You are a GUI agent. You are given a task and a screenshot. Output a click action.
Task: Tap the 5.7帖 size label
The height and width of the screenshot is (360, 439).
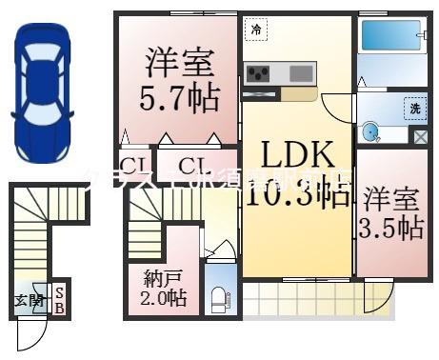[178, 97]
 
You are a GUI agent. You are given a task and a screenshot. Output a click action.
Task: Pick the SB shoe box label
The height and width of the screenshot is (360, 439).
[59, 301]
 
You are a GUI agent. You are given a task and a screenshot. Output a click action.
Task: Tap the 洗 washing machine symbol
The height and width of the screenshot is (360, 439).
[414, 107]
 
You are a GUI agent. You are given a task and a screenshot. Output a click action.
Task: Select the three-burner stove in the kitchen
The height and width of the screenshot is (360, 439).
[258, 73]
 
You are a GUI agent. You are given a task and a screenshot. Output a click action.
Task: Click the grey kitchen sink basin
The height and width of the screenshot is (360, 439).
[301, 73]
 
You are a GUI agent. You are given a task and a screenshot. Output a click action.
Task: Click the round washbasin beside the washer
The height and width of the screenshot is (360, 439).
[372, 131]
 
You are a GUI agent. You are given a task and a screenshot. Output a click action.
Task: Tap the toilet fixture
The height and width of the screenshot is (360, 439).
[217, 298]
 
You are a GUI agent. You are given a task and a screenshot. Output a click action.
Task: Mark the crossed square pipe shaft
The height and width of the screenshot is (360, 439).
[418, 135]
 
